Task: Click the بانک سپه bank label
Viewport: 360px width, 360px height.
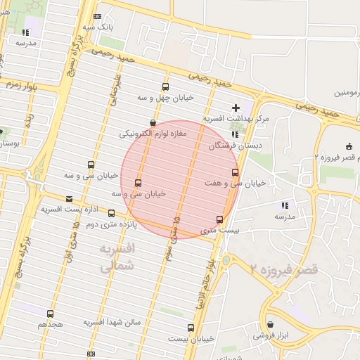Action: coord(98,26)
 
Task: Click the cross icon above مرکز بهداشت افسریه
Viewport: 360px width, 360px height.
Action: coord(235,107)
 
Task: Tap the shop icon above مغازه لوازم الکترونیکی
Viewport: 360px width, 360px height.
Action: coord(154,121)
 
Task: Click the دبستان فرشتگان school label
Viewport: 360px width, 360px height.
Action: coord(231,146)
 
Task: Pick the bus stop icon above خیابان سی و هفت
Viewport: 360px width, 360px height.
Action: coord(235,172)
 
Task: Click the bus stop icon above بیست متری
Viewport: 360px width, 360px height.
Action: coord(220,219)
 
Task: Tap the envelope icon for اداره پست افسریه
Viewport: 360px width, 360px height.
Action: coord(69,198)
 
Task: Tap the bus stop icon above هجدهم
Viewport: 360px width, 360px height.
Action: coord(50,314)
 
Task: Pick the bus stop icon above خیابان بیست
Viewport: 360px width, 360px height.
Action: coord(191,328)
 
